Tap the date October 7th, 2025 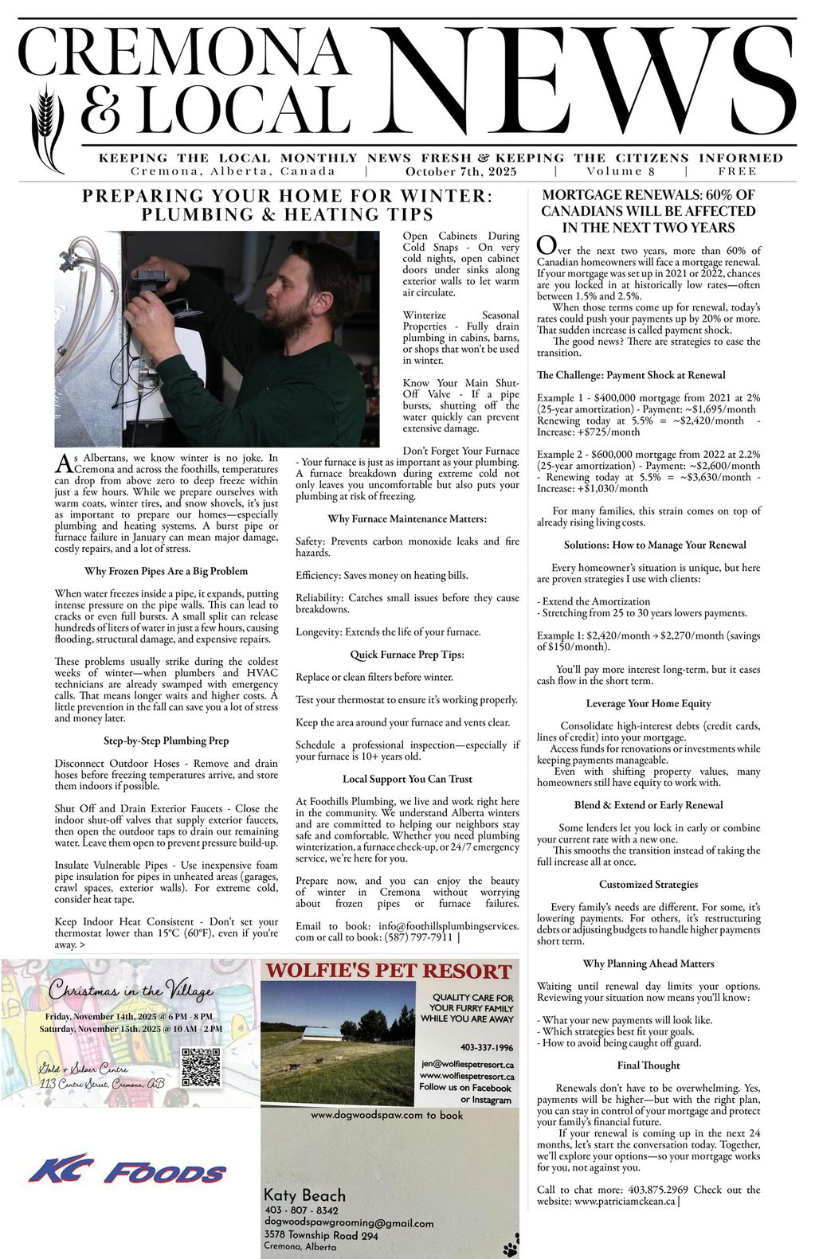tap(460, 171)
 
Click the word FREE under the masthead tap(737, 171)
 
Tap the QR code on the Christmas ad tap(200, 1067)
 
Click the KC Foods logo tap(127, 1170)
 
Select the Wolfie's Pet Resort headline tap(388, 971)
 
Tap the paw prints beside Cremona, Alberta tap(511, 1245)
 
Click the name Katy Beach tap(304, 1194)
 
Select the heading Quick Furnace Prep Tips tap(407, 655)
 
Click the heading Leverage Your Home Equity tap(648, 703)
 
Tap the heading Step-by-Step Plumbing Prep tap(167, 741)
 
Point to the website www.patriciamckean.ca tap(625, 1201)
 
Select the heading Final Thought tap(648, 1065)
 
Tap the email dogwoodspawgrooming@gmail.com tap(349, 1223)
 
